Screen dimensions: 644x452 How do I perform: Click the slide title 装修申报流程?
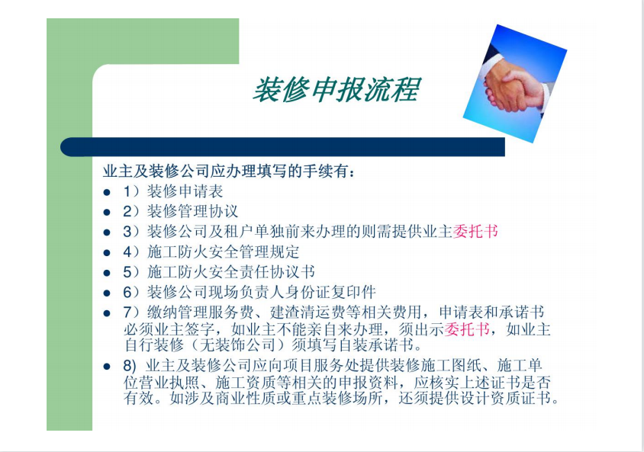pyautogui.click(x=336, y=89)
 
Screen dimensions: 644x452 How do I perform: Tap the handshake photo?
pyautogui.click(x=515, y=84)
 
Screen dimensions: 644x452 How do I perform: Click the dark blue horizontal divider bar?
pyautogui.click(x=282, y=147)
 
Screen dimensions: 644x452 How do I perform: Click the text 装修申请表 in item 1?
pyautogui.click(x=185, y=191)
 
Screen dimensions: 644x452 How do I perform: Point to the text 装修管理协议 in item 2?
pyautogui.click(x=192, y=211)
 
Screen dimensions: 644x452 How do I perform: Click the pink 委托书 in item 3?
pyautogui.click(x=475, y=231)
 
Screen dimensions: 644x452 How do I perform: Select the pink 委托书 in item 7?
pyautogui.click(x=466, y=329)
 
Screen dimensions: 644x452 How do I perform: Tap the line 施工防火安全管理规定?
pyautogui.click(x=224, y=252)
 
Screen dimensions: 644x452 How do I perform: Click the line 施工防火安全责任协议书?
pyautogui.click(x=231, y=271)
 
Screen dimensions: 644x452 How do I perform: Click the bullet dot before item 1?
pyautogui.click(x=107, y=192)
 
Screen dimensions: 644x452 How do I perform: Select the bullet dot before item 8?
pyautogui.click(x=107, y=367)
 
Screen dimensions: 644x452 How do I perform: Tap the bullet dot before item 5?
pyautogui.click(x=107, y=272)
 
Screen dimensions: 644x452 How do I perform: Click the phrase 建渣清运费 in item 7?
pyautogui.click(x=308, y=313)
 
